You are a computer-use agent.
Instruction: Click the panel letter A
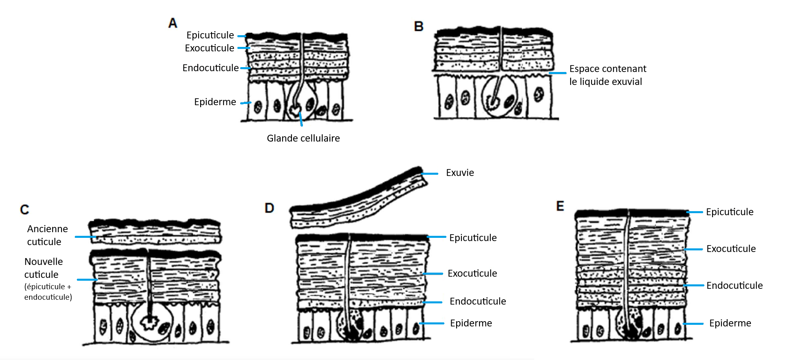pyautogui.click(x=173, y=23)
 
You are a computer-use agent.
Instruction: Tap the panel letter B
pyautogui.click(x=419, y=27)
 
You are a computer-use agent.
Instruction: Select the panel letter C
pyautogui.click(x=25, y=210)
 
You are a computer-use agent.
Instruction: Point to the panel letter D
pyautogui.click(x=269, y=208)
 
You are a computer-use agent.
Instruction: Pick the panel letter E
pyautogui.click(x=560, y=206)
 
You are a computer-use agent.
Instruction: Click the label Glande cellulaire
pyautogui.click(x=303, y=138)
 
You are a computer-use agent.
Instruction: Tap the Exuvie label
pyautogui.click(x=460, y=173)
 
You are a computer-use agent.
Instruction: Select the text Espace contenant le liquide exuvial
pyautogui.click(x=607, y=75)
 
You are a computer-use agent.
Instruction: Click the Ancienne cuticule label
pyautogui.click(x=47, y=235)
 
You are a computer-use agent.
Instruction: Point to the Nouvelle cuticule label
pyautogui.click(x=43, y=268)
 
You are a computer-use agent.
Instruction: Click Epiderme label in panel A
pyautogui.click(x=215, y=102)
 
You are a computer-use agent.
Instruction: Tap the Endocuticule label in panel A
pyautogui.click(x=210, y=68)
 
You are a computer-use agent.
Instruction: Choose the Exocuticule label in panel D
pyautogui.click(x=472, y=273)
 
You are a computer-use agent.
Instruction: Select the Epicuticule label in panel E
pyautogui.click(x=729, y=212)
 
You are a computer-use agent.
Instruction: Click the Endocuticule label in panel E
pyautogui.click(x=734, y=286)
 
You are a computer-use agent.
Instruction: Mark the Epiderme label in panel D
pyautogui.click(x=471, y=323)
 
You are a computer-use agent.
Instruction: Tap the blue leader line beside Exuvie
pyautogui.click(x=430, y=174)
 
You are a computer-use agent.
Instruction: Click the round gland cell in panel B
pyautogui.click(x=499, y=97)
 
